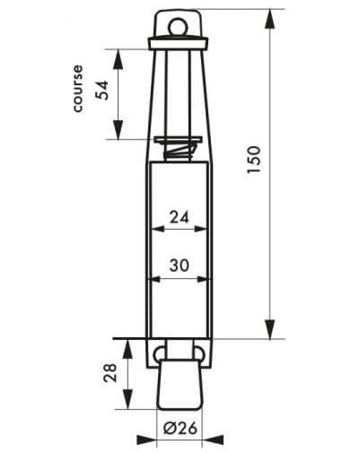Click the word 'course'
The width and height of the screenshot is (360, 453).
tap(78, 89)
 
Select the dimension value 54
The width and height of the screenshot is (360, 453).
tap(101, 91)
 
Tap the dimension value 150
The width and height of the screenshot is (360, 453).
tap(254, 159)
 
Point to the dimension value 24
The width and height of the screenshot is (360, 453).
tap(180, 217)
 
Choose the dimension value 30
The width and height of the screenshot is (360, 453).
tap(180, 266)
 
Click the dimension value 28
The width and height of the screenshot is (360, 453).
tap(110, 372)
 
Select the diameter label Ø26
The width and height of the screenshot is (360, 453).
tap(180, 428)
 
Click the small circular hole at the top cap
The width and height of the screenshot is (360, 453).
tap(178, 28)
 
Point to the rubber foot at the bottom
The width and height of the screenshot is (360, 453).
tap(180, 385)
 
